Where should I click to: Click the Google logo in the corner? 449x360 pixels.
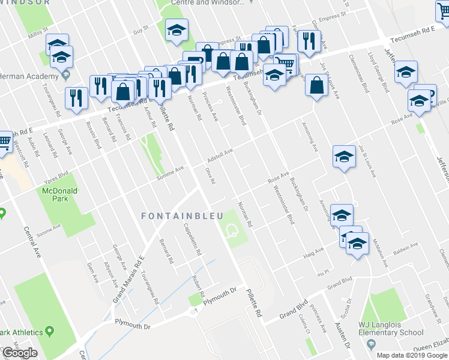coord(19,353)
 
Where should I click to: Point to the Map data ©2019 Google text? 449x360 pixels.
coord(412,355)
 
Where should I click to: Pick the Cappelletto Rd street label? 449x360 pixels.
coord(191,238)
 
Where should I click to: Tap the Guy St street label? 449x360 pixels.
coord(140,29)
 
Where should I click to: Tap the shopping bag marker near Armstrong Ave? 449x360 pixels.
coord(316,85)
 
